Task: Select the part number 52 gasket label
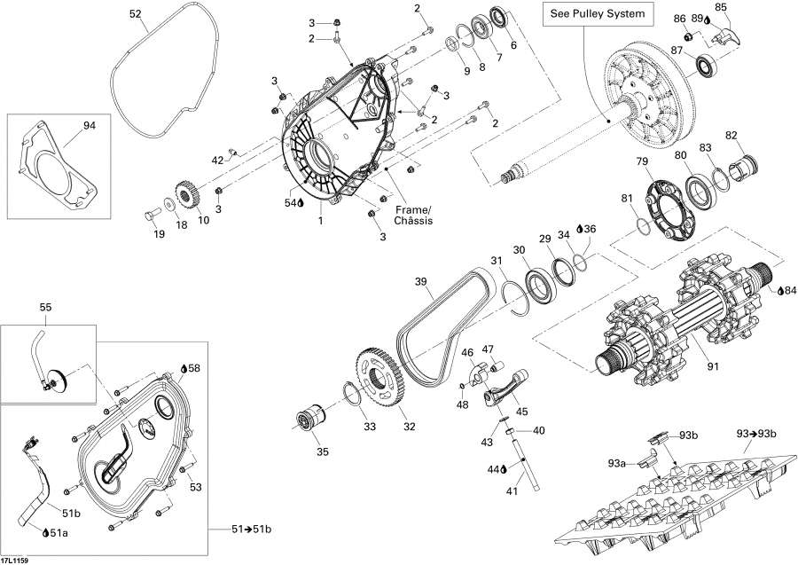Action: click(135, 14)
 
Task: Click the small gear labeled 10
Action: click(186, 193)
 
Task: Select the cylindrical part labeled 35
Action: click(310, 417)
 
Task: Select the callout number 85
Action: click(721, 8)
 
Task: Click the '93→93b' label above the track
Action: click(757, 433)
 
